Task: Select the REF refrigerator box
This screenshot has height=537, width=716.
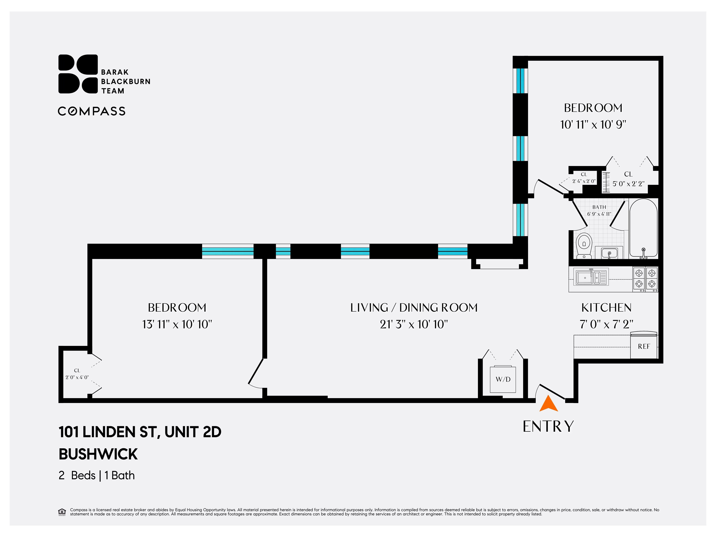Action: click(644, 346)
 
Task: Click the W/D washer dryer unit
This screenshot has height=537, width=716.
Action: click(503, 379)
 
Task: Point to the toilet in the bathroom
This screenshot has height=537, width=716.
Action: click(584, 245)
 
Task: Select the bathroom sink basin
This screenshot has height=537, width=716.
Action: click(609, 253)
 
